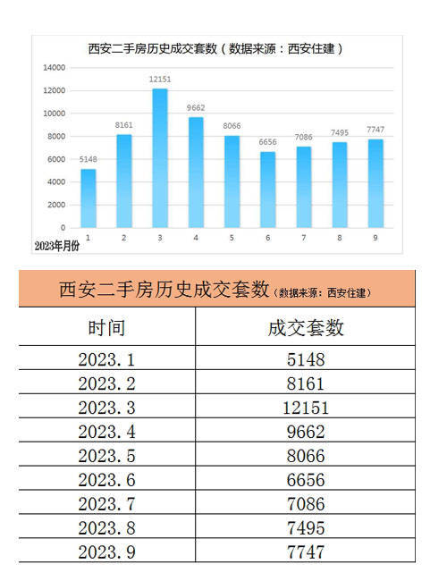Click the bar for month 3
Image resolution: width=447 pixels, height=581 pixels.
(160, 158)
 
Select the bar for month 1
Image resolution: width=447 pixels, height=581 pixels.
(89, 198)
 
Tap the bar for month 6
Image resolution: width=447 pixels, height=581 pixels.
(267, 189)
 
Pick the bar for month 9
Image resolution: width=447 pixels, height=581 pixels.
(375, 183)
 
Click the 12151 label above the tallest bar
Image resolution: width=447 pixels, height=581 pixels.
(160, 80)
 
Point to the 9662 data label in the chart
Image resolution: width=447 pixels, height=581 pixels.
(196, 108)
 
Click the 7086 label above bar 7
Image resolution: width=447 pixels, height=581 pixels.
(304, 137)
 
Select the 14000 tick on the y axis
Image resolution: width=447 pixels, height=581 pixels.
(55, 68)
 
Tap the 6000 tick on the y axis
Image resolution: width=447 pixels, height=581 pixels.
(56, 159)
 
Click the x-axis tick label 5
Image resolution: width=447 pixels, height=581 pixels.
(232, 238)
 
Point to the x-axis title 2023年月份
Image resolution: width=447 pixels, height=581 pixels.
(56, 246)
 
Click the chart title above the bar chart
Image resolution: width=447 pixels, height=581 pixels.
(215, 49)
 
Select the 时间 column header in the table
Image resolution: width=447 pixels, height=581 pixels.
(106, 328)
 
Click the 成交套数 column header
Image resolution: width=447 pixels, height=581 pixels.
(306, 328)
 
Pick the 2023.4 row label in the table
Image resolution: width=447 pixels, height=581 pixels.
(106, 432)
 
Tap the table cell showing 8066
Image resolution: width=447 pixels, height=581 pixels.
(306, 456)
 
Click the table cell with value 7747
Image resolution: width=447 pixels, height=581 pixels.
(306, 552)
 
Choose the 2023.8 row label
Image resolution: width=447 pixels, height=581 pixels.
(106, 528)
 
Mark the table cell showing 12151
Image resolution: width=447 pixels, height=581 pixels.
(306, 408)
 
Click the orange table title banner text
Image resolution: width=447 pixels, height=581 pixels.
(215, 290)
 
